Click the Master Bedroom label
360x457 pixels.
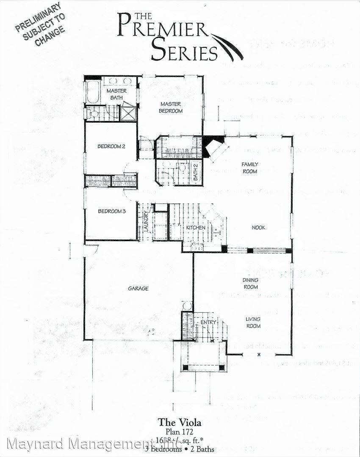point(171,107)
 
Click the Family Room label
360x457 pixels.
point(250,168)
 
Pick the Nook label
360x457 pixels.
point(258,228)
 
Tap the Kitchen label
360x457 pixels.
point(196,228)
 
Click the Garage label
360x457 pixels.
point(138,289)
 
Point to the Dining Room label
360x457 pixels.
point(250,284)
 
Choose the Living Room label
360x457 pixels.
point(253,322)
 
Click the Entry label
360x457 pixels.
point(208,322)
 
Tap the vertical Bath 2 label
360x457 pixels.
point(196,172)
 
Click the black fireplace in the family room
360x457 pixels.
point(213,141)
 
